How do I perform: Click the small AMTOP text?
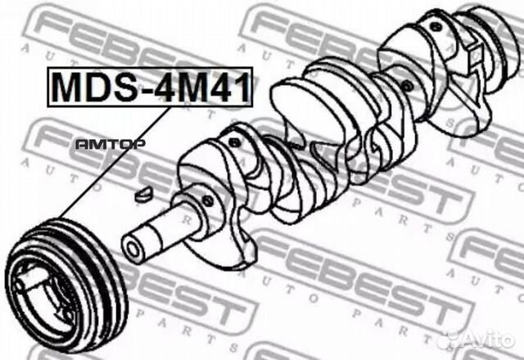coord(110,144)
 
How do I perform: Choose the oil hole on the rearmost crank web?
coord(440,31)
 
